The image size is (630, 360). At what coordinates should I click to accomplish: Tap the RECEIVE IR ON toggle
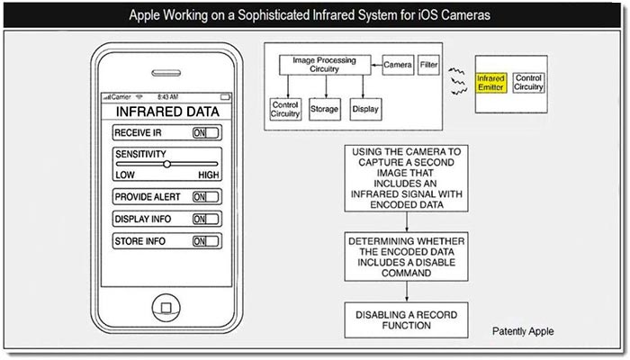[x=206, y=131]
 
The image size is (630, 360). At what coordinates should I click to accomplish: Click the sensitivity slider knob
[x=166, y=165]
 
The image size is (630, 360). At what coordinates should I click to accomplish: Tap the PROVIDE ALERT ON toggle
[x=206, y=196]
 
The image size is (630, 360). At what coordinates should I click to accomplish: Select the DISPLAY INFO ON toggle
[x=206, y=219]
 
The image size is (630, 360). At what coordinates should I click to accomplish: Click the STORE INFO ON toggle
[x=206, y=241]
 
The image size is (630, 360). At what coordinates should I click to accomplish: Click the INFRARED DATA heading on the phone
[x=166, y=112]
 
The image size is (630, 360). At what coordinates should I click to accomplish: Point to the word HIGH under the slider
[x=208, y=175]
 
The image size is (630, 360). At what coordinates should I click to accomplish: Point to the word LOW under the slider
[x=125, y=175]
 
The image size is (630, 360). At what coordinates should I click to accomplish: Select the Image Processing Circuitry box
[x=318, y=65]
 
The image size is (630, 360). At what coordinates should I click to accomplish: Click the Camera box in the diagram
[x=397, y=65]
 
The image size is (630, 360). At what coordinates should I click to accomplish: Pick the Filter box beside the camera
[x=429, y=65]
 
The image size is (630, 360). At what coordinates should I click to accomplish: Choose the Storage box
[x=323, y=109]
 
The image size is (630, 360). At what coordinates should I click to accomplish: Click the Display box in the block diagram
[x=366, y=109]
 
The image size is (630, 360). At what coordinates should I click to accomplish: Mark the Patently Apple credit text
[x=523, y=331]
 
